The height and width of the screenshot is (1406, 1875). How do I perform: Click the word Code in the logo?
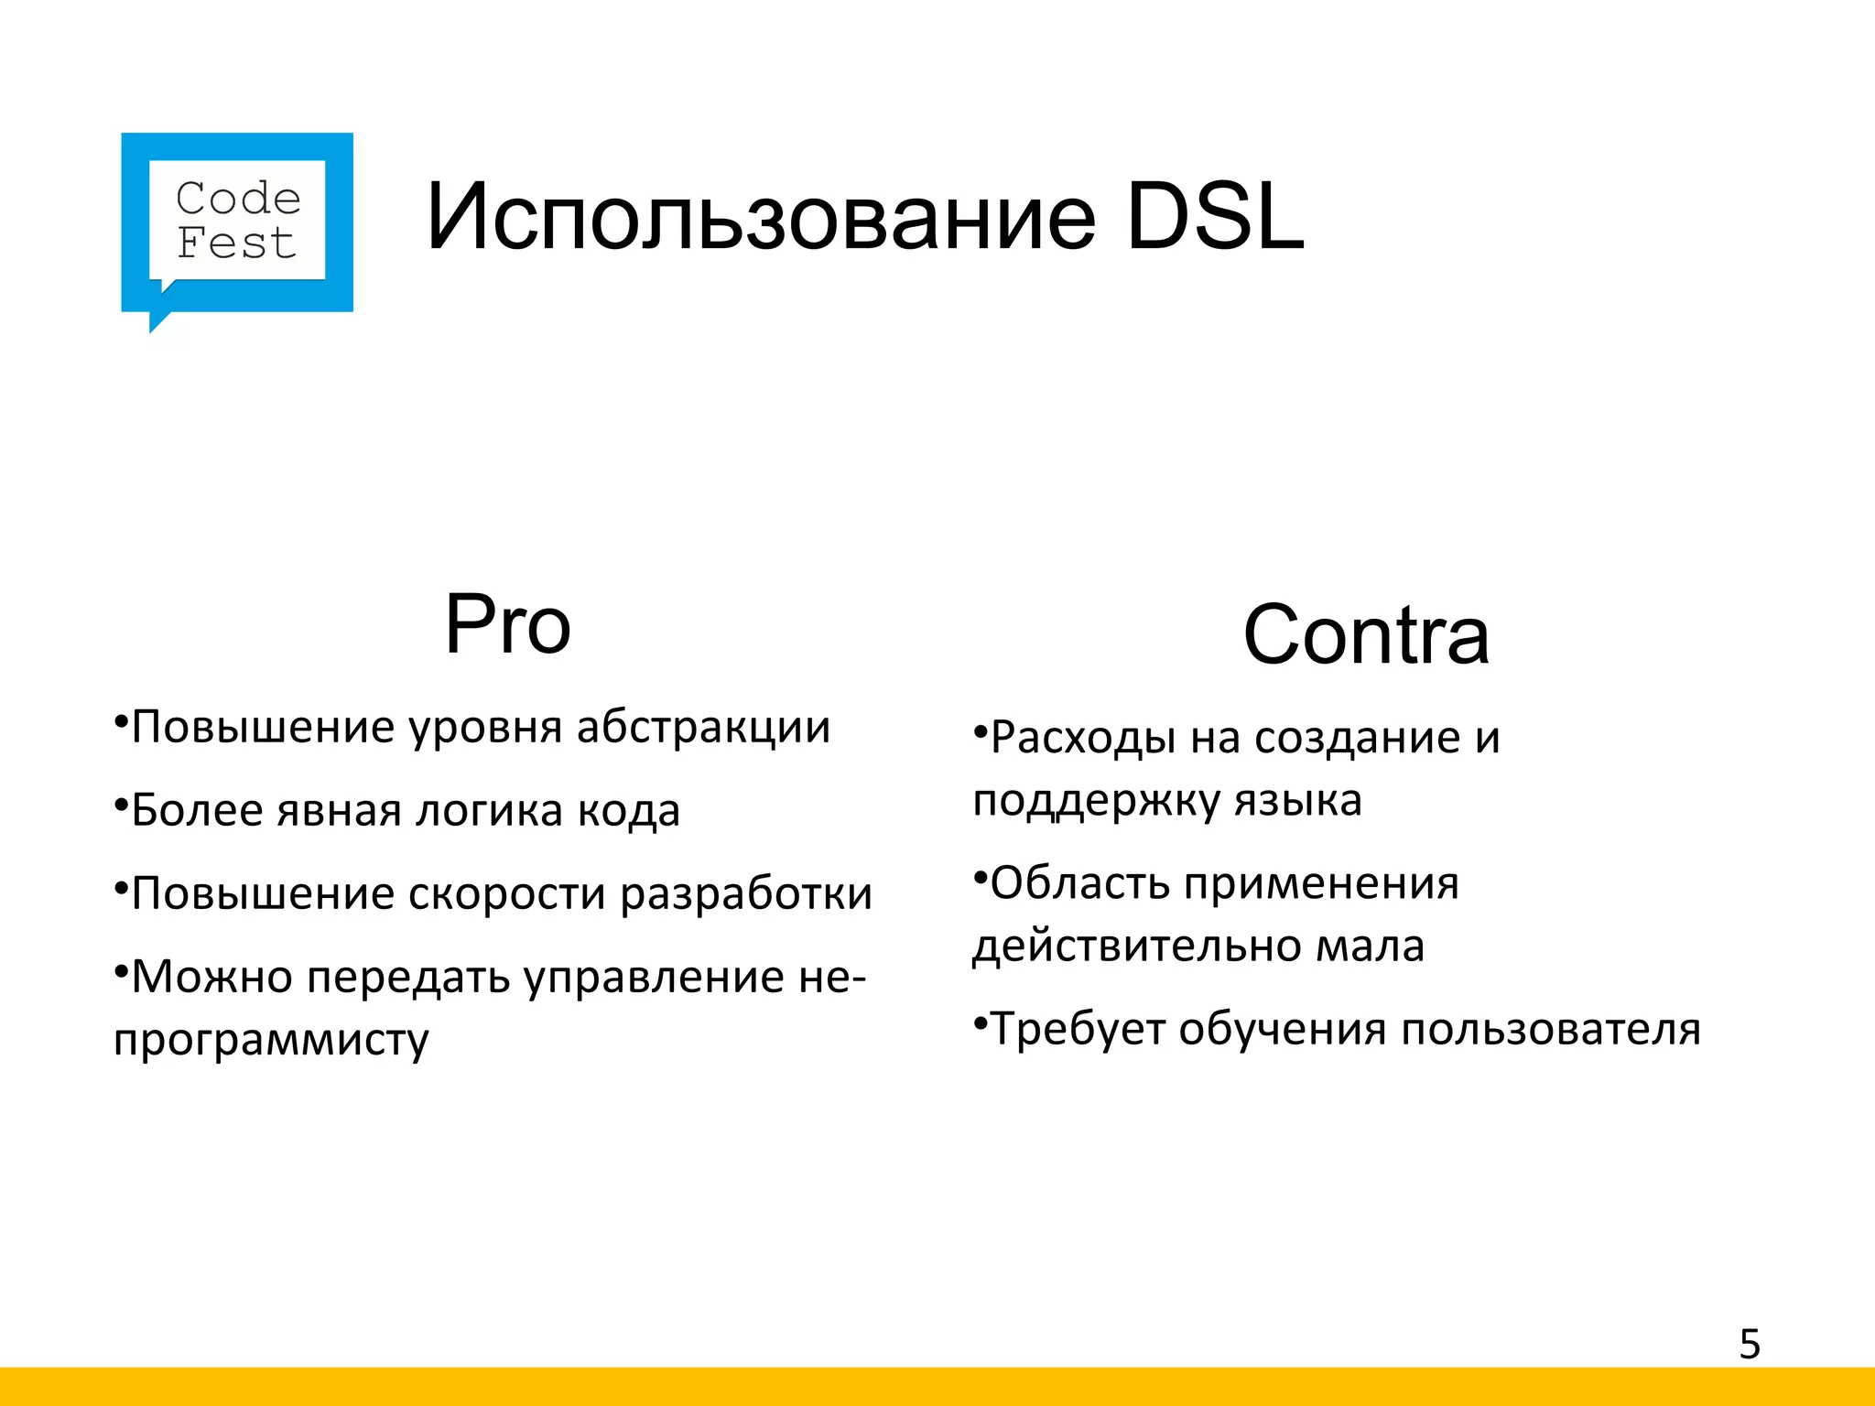click(x=238, y=199)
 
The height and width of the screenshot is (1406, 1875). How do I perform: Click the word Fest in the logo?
click(x=236, y=243)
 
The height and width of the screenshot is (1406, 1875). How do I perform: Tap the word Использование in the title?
click(x=760, y=218)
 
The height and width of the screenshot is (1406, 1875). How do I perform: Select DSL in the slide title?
click(x=1215, y=218)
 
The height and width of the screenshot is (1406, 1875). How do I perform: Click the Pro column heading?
click(x=507, y=625)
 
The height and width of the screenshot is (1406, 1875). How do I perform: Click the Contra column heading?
click(x=1366, y=635)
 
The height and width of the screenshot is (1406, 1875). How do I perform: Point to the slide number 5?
click(x=1750, y=1345)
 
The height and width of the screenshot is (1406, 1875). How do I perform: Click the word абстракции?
click(x=703, y=728)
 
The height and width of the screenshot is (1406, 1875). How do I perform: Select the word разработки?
click(x=746, y=894)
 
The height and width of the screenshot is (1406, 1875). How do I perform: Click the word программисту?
click(x=271, y=1041)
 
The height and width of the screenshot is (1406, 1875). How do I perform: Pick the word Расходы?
click(x=1083, y=738)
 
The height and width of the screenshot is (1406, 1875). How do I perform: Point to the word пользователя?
click(x=1550, y=1030)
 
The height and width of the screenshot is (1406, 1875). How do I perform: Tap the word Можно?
click(x=212, y=978)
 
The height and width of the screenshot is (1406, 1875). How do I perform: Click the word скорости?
click(x=506, y=894)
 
